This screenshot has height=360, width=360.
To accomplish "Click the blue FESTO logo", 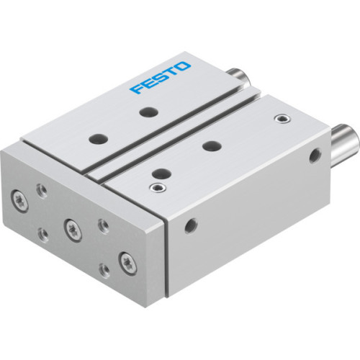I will coord(161,77).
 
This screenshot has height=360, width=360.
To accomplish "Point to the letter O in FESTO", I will coord(185,66).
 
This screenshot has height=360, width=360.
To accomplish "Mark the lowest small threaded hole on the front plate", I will coord(105,269).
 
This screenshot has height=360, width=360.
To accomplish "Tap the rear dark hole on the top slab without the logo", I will coord(210,146).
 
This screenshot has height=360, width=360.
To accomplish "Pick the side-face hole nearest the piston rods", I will coord(314,153).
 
